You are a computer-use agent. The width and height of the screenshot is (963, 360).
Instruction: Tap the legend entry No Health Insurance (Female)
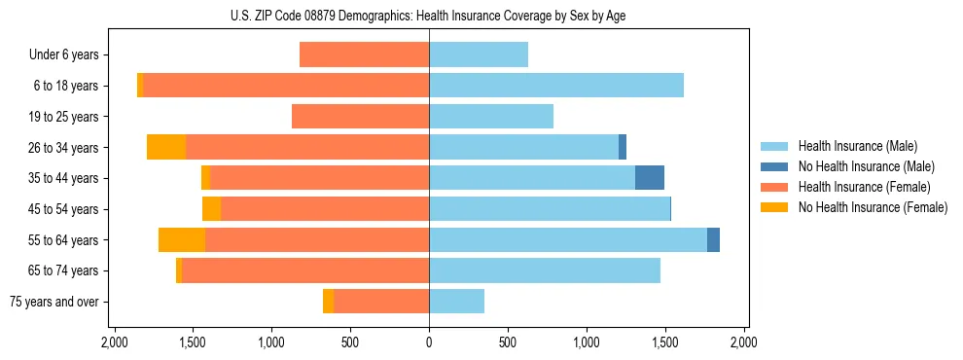point(873,207)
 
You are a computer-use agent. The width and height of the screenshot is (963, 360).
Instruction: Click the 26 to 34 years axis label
point(64,148)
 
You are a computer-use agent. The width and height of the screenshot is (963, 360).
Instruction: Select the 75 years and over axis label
point(54,302)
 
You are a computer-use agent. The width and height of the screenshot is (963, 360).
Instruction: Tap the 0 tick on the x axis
point(429,342)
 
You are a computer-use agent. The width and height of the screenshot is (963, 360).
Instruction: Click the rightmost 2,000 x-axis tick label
point(743,342)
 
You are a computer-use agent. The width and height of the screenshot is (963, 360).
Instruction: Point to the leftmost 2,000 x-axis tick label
point(115,342)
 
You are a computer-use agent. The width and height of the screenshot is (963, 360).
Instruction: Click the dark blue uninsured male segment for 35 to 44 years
point(650,178)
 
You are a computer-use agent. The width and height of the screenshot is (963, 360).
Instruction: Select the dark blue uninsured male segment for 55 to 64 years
point(713,239)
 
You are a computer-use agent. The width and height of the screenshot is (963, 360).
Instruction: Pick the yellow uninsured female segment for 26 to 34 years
point(166,147)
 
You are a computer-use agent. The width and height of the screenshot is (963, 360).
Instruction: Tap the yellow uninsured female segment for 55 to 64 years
point(182,239)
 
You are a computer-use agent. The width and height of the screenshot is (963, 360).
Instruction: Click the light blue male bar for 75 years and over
point(456,302)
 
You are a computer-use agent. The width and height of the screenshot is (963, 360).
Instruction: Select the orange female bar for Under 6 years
point(364,55)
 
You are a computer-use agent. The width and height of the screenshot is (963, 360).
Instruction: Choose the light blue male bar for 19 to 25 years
point(491,117)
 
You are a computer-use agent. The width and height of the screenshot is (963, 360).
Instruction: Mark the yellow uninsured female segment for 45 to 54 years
point(211,209)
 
